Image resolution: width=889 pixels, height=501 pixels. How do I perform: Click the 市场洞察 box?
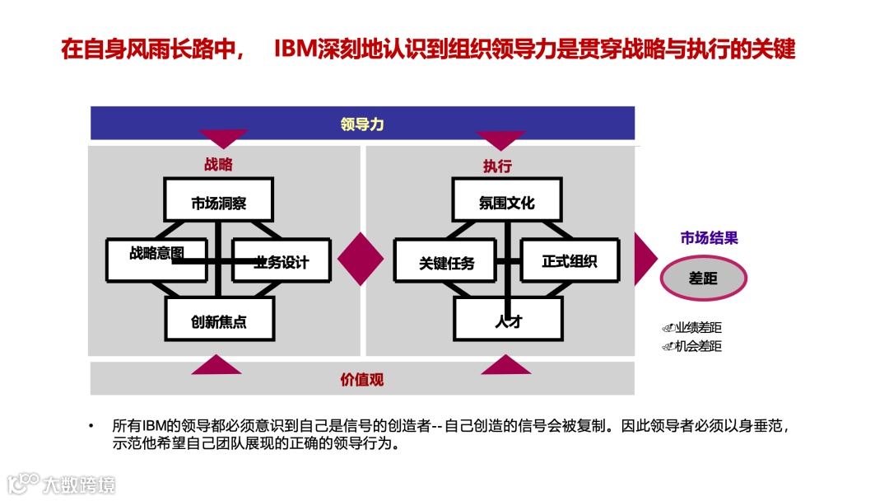coord(218,203)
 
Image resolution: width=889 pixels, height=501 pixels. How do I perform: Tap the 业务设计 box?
coord(281,262)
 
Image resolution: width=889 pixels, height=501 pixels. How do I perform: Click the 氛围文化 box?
coord(506,203)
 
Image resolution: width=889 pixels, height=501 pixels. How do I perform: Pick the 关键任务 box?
coord(445,263)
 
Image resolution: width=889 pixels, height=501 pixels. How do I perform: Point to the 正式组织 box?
coord(569,261)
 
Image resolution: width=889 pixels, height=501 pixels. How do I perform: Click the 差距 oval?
coord(703,279)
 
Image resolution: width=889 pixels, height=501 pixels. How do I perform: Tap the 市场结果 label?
coord(709,238)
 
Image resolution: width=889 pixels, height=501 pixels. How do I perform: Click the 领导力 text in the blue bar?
coord(362,124)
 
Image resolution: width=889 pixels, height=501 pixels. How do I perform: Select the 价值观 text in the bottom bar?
coord(362,380)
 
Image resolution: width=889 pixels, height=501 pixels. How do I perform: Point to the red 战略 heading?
coord(218,165)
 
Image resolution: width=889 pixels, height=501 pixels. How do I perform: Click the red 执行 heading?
coord(497,166)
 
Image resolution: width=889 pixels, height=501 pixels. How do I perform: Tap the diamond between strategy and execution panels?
coord(361,259)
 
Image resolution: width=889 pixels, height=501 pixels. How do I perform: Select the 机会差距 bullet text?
coord(697,346)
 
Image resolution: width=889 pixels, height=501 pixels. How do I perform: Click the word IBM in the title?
coord(296,49)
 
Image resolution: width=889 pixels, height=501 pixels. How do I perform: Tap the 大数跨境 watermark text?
coord(80,484)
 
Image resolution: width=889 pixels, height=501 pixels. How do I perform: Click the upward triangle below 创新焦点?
coord(217,364)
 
